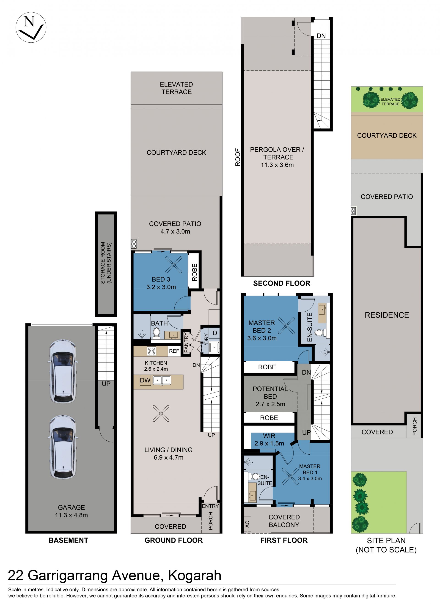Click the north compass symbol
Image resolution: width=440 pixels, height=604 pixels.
click(31, 27)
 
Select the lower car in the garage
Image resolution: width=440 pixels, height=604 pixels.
click(63, 447)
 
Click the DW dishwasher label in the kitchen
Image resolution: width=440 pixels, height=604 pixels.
click(145, 380)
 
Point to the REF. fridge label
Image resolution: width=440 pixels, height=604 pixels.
click(174, 351)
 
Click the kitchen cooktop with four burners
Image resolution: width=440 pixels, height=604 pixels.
click(151, 351)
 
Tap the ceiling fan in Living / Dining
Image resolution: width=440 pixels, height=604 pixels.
click(161, 413)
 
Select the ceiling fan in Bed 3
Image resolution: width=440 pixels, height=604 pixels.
click(173, 264)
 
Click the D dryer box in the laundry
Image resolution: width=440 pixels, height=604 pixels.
click(215, 333)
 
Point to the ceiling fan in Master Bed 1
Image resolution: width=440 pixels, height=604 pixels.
click(290, 476)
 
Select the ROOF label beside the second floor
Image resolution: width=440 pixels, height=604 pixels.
click(238, 157)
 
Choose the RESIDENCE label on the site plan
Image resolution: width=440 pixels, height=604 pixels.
click(387, 315)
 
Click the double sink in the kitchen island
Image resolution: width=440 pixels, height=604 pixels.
click(162, 380)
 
